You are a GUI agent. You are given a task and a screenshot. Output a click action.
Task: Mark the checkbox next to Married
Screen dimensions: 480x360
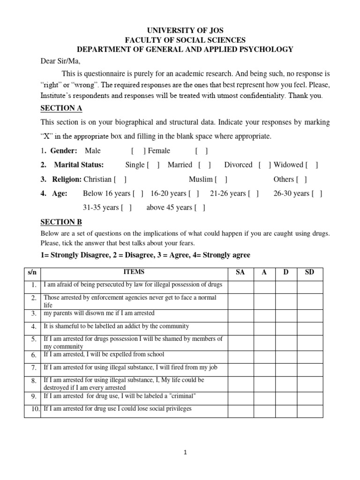click(204, 165)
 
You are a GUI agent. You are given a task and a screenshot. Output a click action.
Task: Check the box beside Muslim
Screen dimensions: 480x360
click(221, 179)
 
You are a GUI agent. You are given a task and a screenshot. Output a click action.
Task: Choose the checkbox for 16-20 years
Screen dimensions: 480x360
click(194, 193)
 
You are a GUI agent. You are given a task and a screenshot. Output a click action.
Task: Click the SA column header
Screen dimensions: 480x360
click(240, 272)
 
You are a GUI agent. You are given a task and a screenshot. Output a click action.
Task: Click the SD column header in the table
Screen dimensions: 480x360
click(309, 272)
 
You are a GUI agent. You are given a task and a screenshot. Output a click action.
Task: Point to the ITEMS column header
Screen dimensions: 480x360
click(134, 272)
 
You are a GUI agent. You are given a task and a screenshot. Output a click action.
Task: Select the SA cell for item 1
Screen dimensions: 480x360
click(240, 286)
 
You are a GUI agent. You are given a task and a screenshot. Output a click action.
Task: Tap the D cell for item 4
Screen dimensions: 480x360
click(285, 328)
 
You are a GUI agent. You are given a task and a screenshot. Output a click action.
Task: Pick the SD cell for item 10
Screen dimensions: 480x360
click(309, 411)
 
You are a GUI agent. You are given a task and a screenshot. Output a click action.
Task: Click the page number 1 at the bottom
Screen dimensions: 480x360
click(186, 452)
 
